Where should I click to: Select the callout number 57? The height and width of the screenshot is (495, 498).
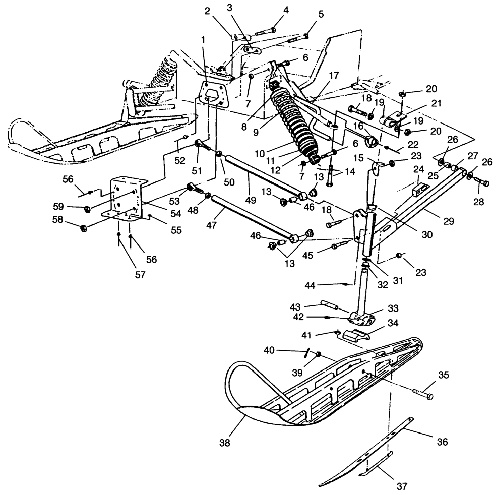[140, 275]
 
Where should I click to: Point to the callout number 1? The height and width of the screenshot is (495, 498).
[204, 40]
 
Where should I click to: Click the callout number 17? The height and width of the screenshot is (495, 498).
[334, 76]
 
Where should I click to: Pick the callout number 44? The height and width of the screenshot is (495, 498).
[310, 285]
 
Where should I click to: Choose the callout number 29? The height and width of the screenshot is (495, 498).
[449, 221]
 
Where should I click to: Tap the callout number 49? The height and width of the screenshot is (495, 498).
[251, 200]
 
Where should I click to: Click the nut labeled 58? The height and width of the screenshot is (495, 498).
[83, 228]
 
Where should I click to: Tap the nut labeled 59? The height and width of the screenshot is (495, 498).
[87, 208]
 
